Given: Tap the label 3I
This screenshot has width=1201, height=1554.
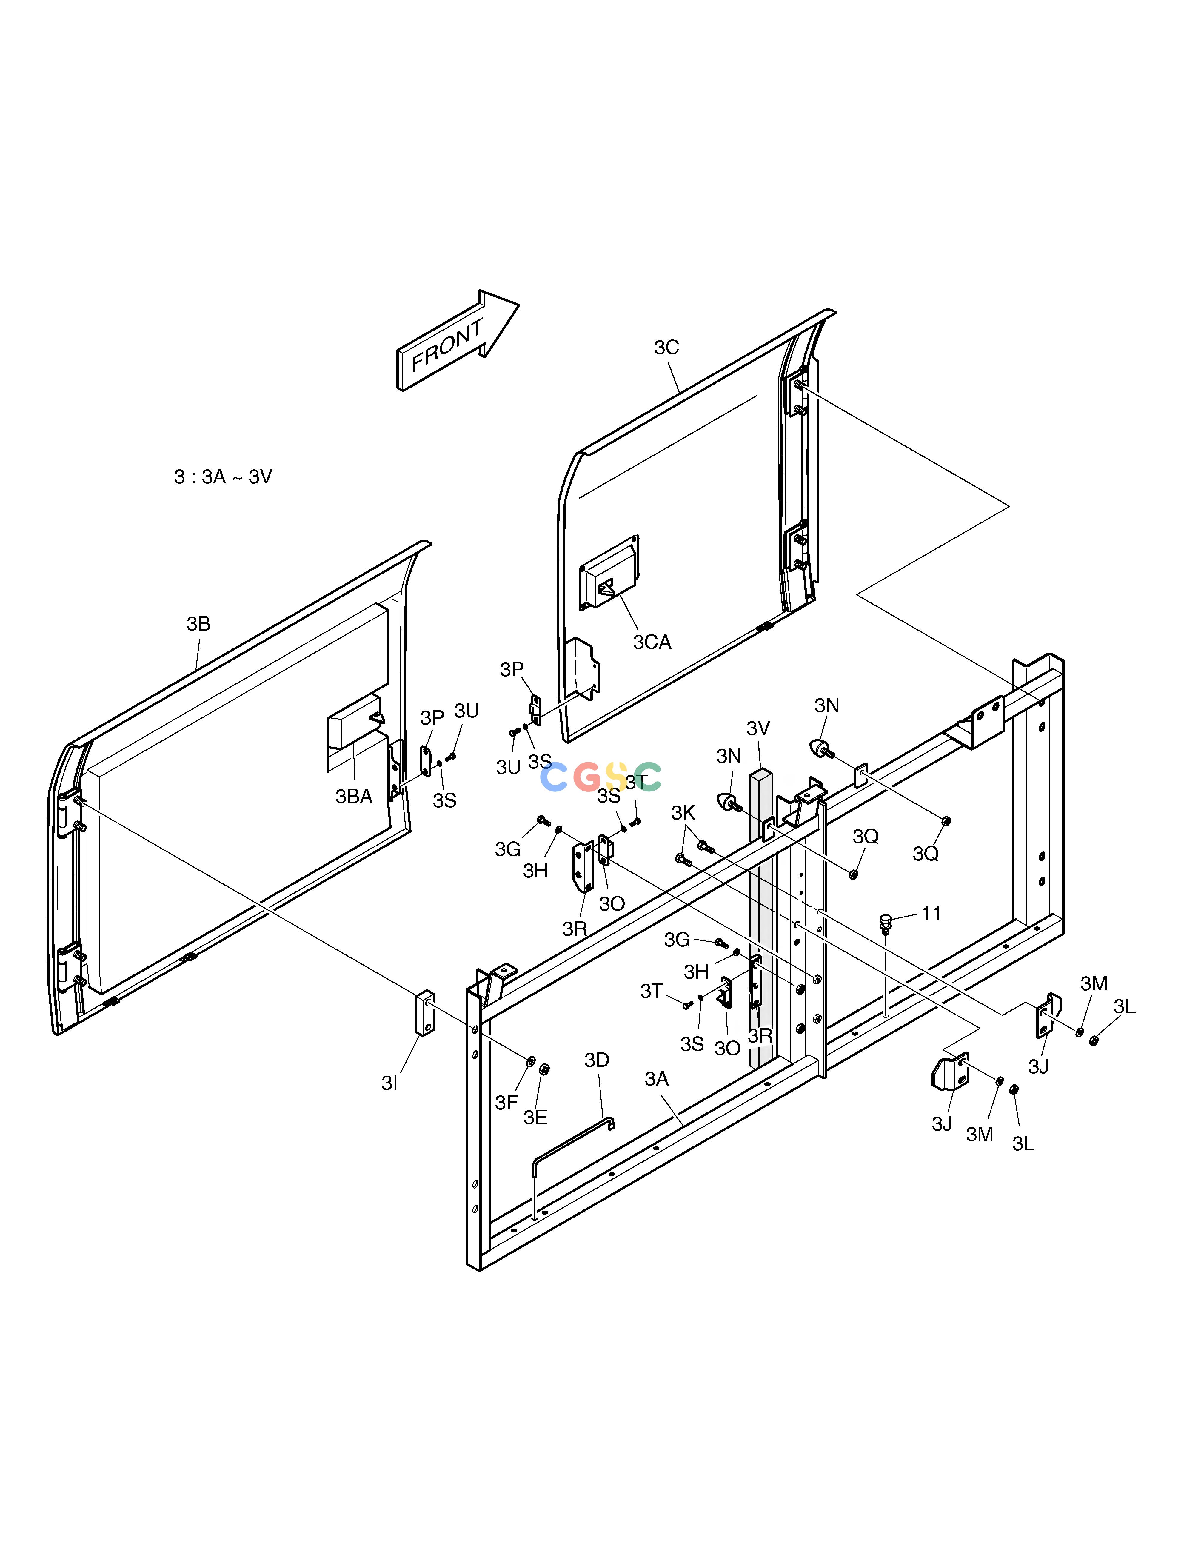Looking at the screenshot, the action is (389, 1083).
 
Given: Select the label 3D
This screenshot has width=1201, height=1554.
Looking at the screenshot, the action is (597, 1060).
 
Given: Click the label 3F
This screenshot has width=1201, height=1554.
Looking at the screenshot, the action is (506, 1102).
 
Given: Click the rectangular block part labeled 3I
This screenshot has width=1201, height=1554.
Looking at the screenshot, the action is (425, 1012).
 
